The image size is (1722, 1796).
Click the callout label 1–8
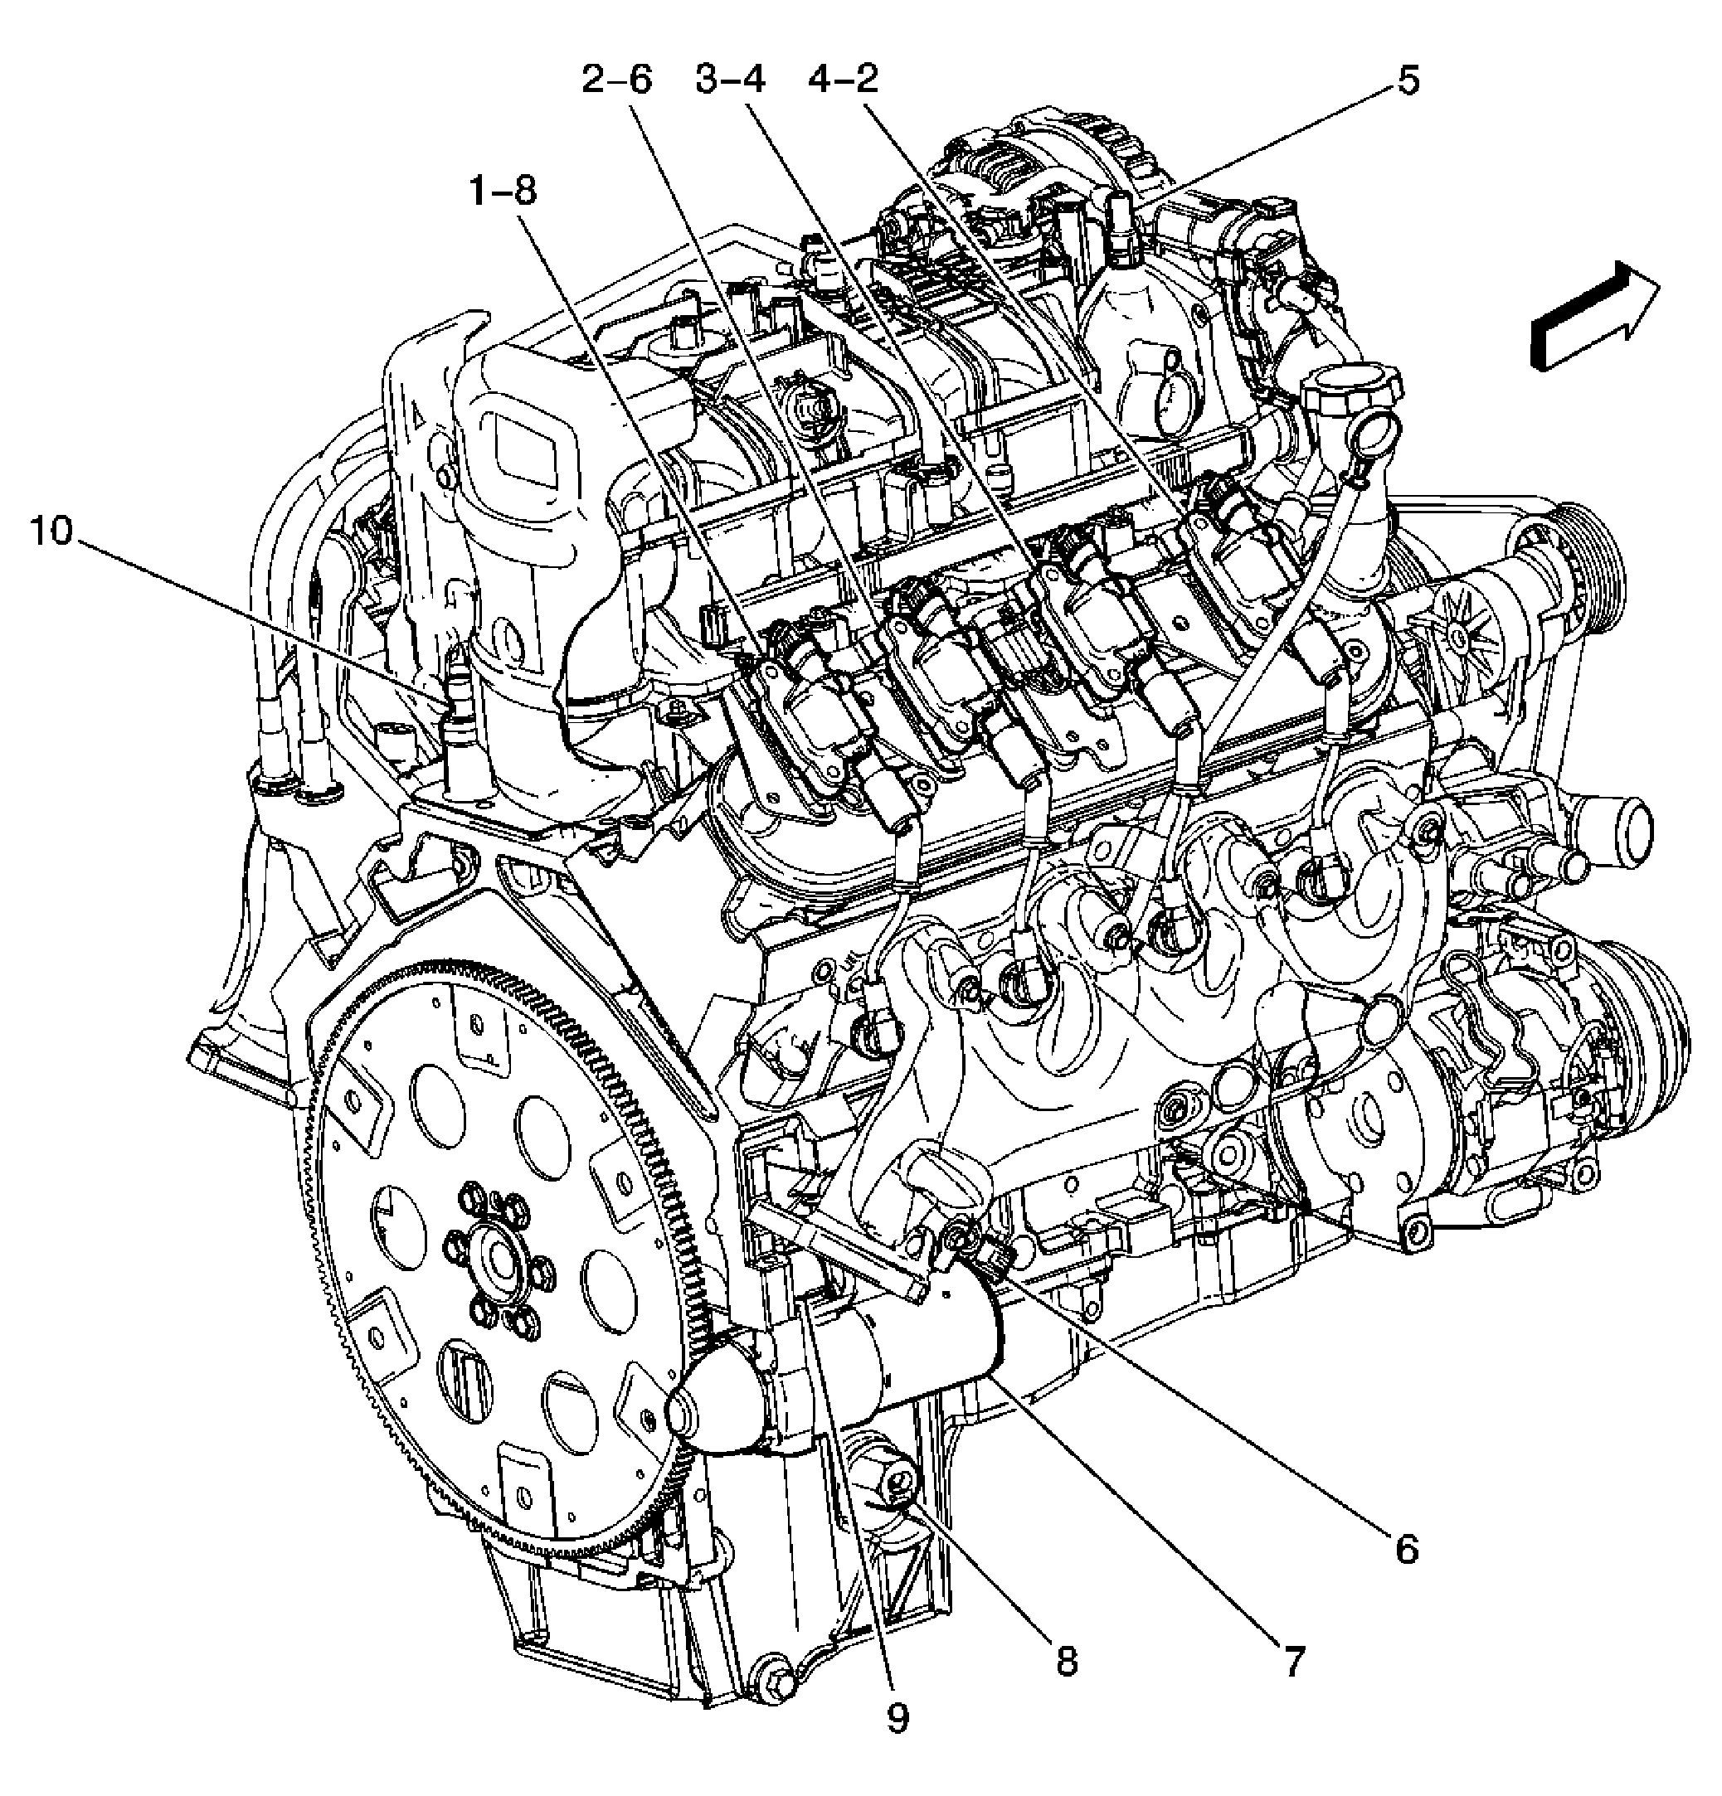[x=501, y=192]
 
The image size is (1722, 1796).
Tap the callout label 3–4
[x=729, y=80]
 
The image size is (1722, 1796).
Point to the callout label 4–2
[x=843, y=80]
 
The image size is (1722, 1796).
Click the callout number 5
[x=1408, y=80]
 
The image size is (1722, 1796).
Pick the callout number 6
[x=1407, y=1549]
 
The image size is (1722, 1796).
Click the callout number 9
[x=897, y=1718]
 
